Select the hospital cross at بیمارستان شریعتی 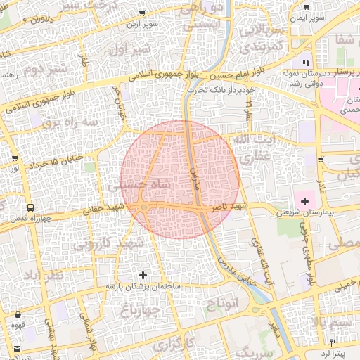coord(304,201)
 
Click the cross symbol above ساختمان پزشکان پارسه coord(143,275)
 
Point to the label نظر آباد coord(44,274)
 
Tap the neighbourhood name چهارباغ coord(139,309)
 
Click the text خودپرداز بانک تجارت coord(221,90)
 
